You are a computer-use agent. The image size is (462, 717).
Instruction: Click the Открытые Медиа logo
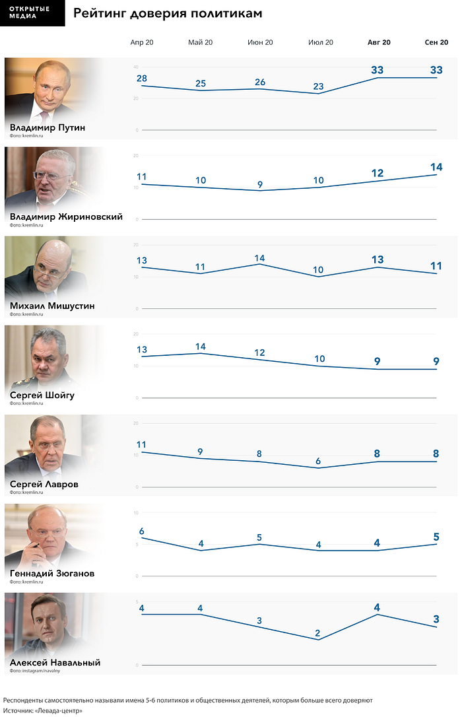point(32,13)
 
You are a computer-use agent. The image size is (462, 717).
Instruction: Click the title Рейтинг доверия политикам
point(168,13)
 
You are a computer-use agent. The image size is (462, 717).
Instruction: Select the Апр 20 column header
point(142,42)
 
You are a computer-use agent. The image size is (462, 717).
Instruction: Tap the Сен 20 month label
point(436,42)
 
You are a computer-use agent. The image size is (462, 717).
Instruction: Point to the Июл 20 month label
point(320,42)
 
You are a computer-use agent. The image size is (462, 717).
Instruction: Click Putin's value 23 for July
point(319,86)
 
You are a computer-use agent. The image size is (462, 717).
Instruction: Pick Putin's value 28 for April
point(142,78)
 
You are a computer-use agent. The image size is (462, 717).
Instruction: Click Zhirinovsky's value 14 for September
point(436,167)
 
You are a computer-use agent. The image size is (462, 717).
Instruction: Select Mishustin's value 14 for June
point(259,258)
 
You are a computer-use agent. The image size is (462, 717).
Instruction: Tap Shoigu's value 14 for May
point(200,347)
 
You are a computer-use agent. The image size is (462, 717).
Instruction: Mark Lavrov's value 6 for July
point(318,461)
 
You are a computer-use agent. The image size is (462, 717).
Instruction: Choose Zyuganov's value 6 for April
point(142,531)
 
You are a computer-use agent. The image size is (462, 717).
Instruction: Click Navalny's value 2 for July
point(317,633)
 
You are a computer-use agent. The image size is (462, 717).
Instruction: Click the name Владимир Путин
point(48,127)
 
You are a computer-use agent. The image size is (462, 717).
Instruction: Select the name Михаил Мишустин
point(52,306)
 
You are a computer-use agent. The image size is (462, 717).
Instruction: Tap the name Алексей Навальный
point(55,663)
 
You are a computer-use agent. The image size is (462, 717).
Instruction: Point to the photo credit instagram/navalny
point(35,671)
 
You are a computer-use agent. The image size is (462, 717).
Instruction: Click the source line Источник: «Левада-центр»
point(43,710)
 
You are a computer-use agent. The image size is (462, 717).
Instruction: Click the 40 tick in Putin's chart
point(136,67)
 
